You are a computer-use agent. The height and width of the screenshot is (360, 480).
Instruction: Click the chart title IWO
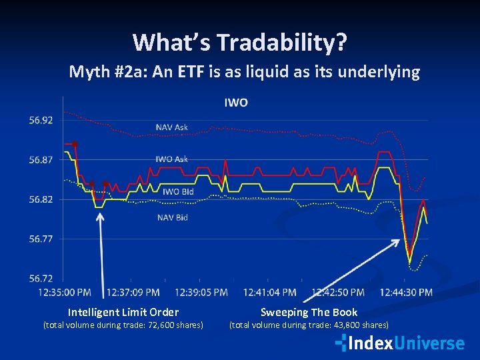[235, 103]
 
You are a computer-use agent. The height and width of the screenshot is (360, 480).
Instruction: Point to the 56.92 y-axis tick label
[41, 121]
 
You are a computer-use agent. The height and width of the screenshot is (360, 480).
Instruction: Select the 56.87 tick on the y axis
[41, 160]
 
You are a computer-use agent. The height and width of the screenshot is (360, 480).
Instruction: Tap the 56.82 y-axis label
[41, 199]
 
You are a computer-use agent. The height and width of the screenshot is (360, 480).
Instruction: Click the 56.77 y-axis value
[41, 239]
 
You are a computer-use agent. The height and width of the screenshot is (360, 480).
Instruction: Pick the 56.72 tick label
[41, 278]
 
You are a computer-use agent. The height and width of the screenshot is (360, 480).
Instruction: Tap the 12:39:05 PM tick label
[201, 292]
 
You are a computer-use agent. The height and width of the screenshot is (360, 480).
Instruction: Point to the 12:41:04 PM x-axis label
[270, 292]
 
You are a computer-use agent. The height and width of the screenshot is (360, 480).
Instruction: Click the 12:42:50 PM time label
[338, 292]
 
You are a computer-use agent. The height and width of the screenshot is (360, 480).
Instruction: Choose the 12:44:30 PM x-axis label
[406, 292]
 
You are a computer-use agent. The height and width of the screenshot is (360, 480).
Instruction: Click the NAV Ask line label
[172, 127]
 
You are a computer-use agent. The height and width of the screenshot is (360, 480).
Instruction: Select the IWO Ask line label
[172, 159]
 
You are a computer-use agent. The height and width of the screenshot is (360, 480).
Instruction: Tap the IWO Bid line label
[179, 191]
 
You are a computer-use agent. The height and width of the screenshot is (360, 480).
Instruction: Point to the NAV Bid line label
[172, 217]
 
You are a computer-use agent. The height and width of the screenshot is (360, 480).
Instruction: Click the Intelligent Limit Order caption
[123, 312]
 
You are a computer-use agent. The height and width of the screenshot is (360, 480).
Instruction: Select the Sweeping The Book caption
[309, 312]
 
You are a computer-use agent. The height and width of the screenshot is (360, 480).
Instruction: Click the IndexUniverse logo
[399, 343]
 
